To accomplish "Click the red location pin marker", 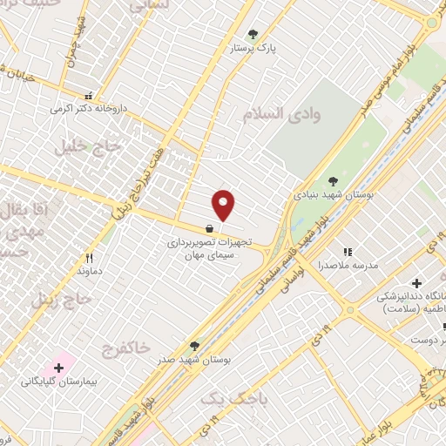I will (224, 205).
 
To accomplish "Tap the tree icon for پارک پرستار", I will (253, 35).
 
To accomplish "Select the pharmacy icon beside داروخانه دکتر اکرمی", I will (88, 97).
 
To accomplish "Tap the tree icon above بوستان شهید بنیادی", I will (333, 181).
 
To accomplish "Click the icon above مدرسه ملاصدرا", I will (347, 252).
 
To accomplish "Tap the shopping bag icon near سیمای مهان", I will (209, 228).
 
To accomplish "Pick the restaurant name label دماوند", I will (89, 272).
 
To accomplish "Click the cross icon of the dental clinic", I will (416, 284).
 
